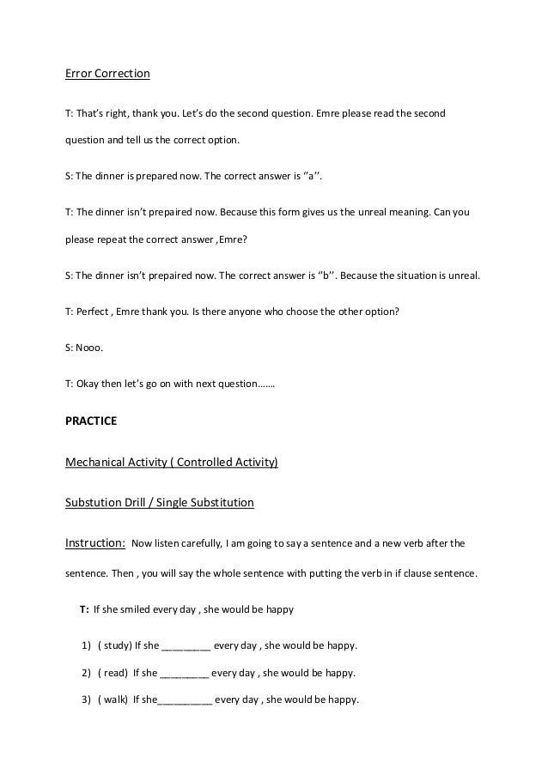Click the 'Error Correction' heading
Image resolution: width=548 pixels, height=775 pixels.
click(108, 74)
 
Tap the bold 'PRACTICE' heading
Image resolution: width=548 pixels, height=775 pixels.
click(91, 422)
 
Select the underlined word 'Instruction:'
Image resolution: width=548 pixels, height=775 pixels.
click(96, 542)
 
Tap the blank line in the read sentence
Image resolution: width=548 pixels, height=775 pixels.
click(184, 674)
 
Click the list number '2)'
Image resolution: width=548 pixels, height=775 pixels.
click(86, 672)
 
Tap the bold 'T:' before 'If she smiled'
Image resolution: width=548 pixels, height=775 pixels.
click(83, 609)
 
